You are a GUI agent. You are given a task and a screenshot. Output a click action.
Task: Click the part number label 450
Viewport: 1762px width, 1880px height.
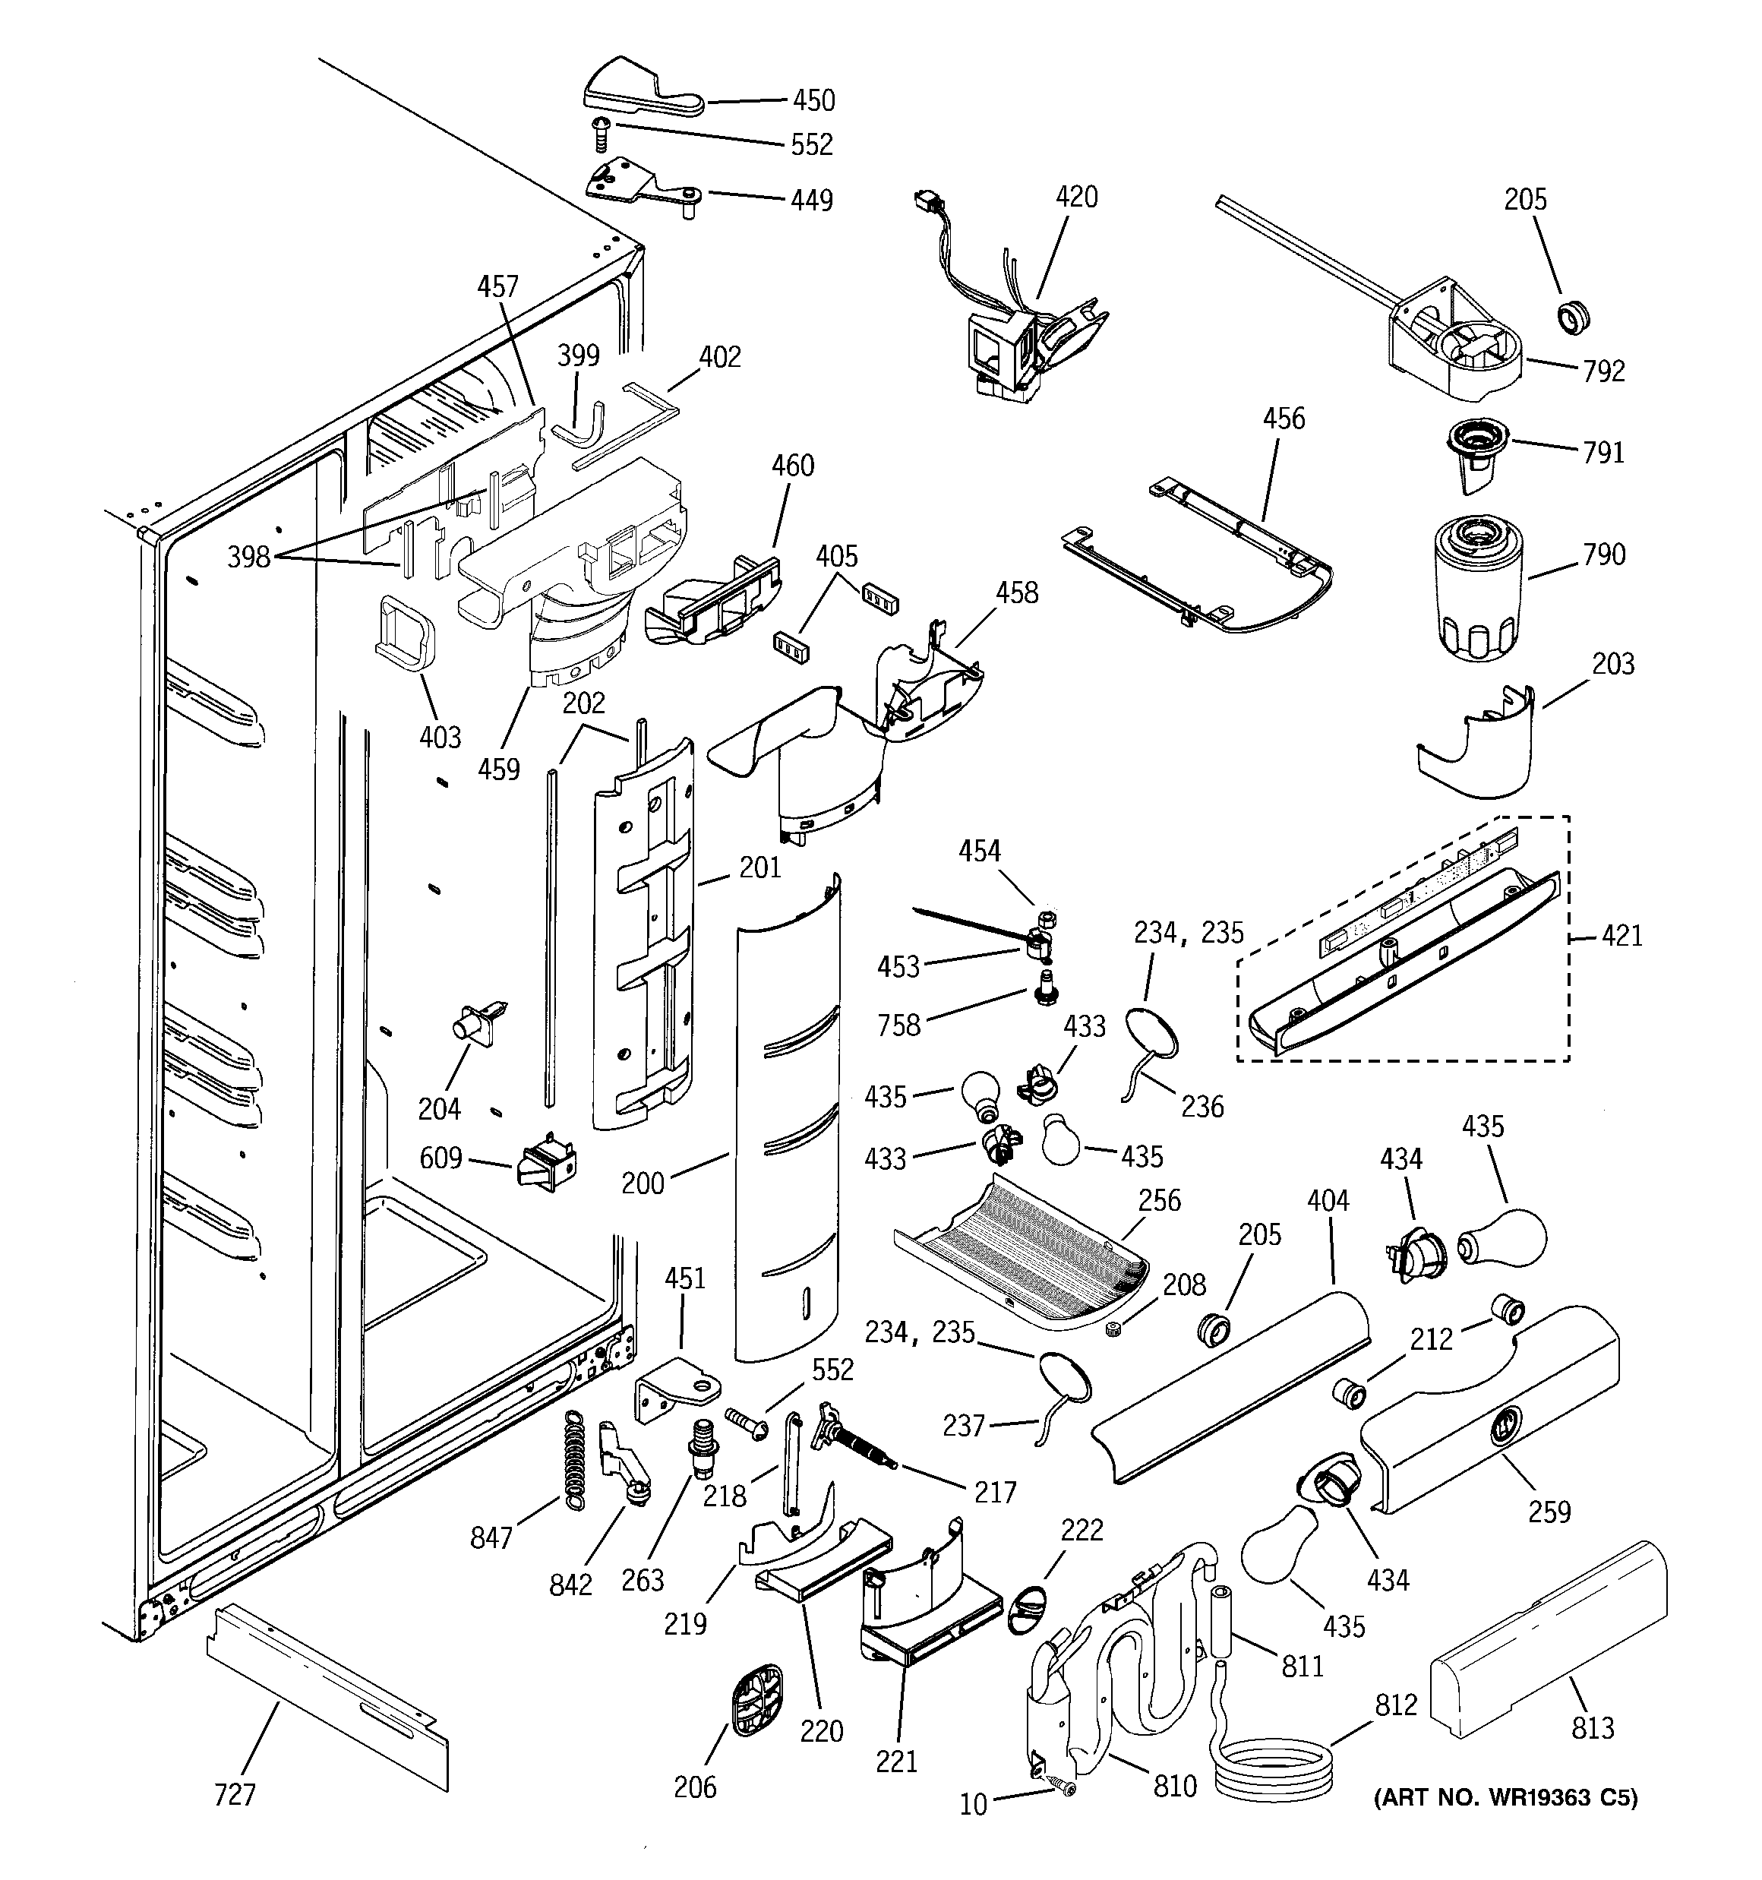pyautogui.click(x=813, y=100)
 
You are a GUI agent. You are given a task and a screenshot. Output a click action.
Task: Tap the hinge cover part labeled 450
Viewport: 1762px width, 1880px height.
pyautogui.click(x=639, y=89)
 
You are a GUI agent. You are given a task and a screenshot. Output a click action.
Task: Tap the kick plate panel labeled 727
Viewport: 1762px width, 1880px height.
pyautogui.click(x=327, y=1698)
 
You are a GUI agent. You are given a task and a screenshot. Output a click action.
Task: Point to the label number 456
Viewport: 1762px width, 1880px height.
pyautogui.click(x=1284, y=419)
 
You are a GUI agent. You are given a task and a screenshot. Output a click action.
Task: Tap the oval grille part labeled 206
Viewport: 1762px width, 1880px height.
pyautogui.click(x=757, y=1703)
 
